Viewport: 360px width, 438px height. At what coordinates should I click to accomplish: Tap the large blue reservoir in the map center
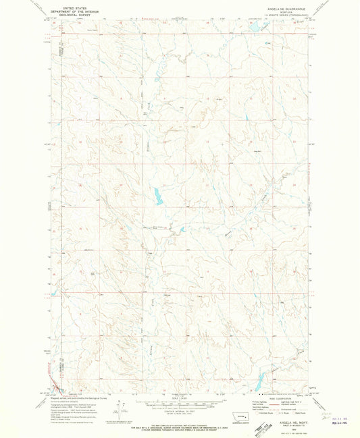coord(157,196)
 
